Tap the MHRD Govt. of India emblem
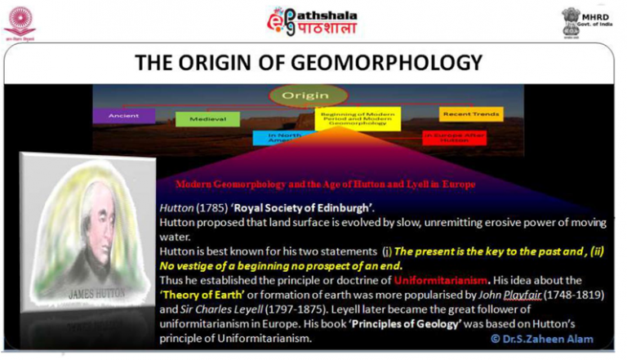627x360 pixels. click(x=571, y=20)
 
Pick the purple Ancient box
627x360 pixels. click(x=123, y=116)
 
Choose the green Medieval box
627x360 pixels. click(x=207, y=119)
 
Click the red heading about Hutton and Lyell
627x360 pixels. click(x=325, y=184)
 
